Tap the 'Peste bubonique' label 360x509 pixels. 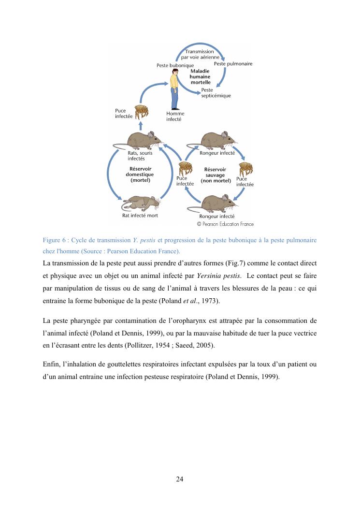(175, 65)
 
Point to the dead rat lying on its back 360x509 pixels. (144, 202)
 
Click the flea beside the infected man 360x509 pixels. (141, 113)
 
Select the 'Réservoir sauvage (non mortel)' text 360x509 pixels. (215, 175)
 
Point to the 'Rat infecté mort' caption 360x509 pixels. (140, 216)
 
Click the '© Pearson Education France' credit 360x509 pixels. (225, 224)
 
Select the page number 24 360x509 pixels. (179, 479)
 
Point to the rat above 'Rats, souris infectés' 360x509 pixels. (140, 139)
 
